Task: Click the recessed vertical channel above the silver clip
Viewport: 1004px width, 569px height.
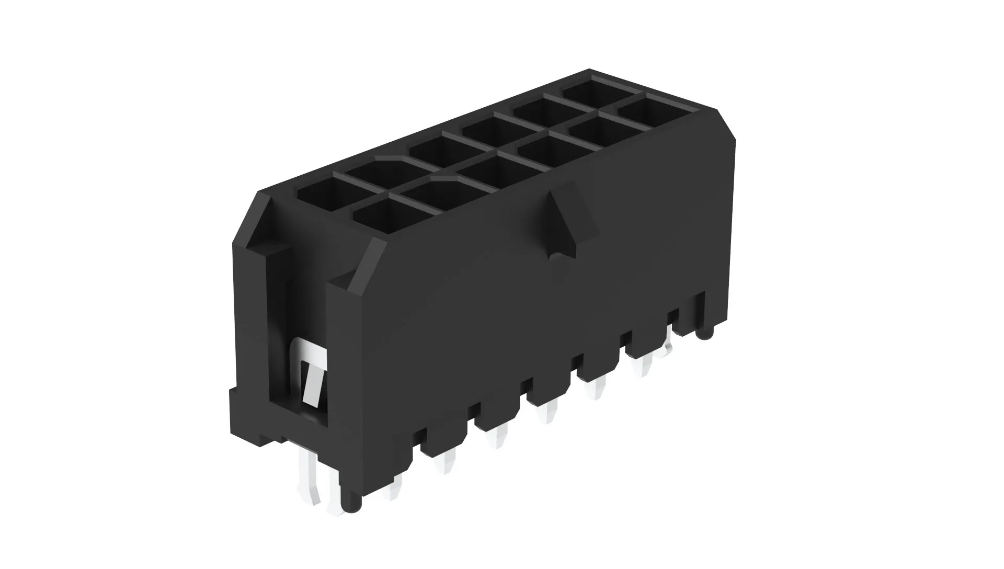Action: (x=277, y=293)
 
